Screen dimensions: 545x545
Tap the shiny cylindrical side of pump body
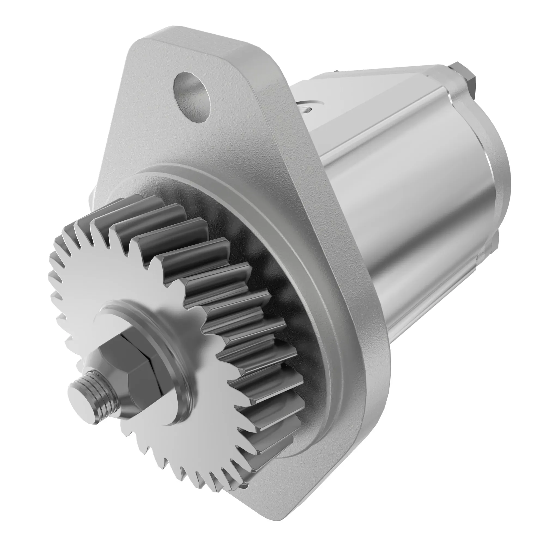423,226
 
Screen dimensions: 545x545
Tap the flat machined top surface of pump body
367,93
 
